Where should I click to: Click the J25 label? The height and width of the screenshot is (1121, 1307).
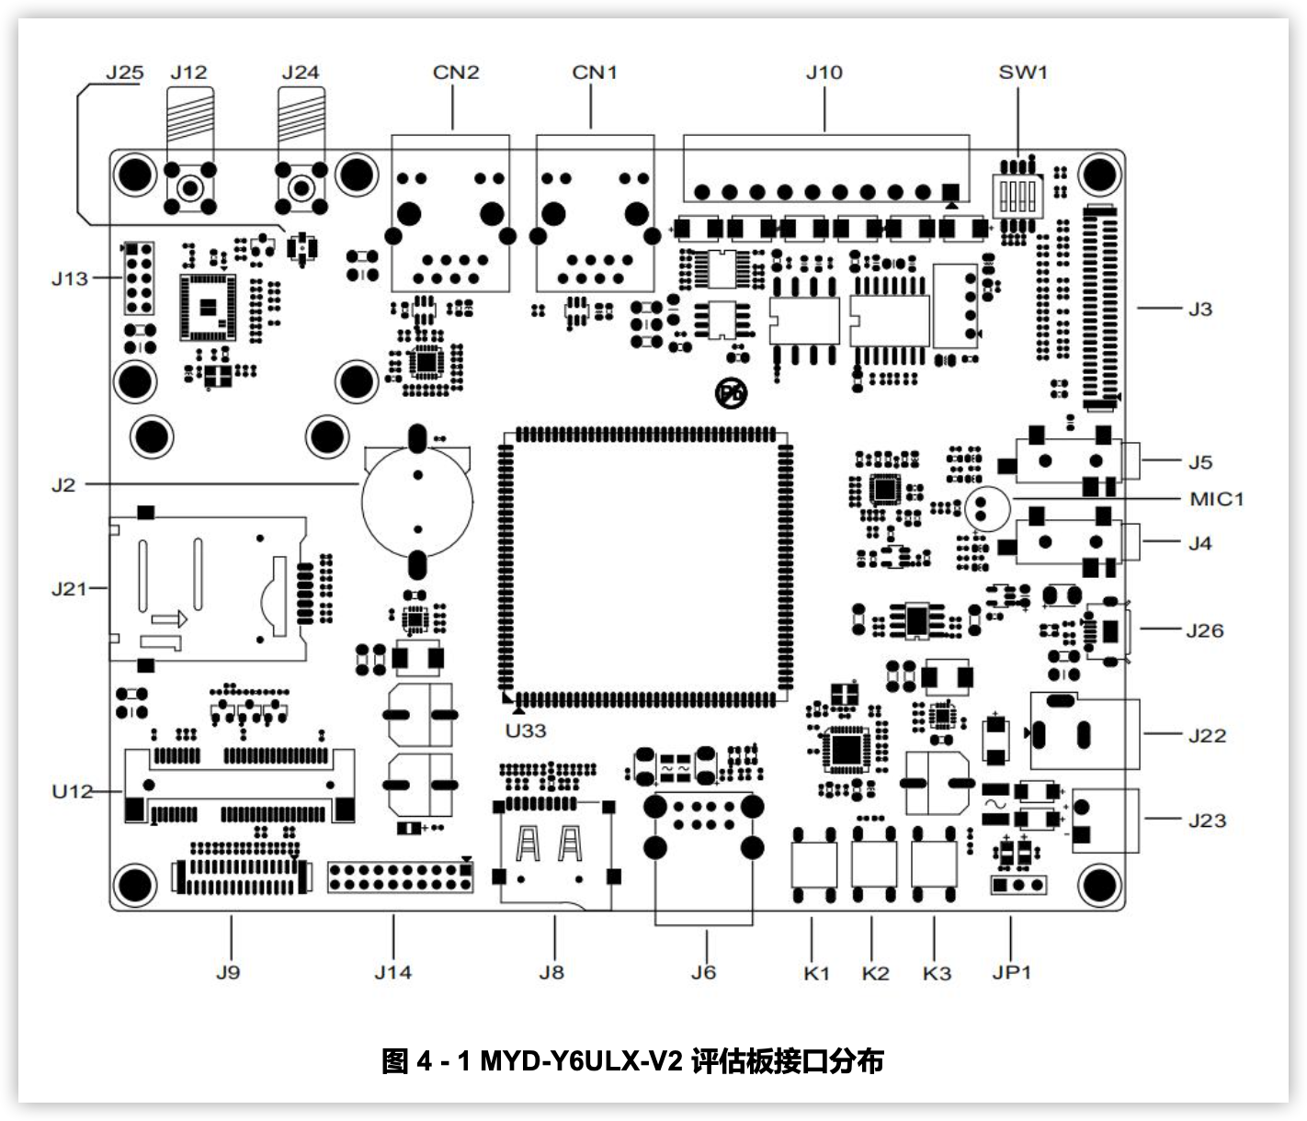click(x=124, y=73)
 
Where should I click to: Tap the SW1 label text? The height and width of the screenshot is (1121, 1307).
click(x=1023, y=73)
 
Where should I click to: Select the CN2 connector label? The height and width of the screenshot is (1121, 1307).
click(x=456, y=73)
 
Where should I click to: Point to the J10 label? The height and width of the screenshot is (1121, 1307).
click(x=824, y=73)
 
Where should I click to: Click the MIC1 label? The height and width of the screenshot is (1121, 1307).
click(x=1216, y=499)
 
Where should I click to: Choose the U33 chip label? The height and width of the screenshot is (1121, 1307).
click(x=526, y=730)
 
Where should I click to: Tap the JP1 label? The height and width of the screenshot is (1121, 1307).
click(x=1011, y=972)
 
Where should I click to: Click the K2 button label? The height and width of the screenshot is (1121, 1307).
click(x=875, y=973)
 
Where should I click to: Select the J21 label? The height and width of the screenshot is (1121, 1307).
click(x=69, y=589)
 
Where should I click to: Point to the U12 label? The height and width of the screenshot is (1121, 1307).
click(x=73, y=791)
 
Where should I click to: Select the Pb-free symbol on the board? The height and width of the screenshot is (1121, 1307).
click(x=732, y=394)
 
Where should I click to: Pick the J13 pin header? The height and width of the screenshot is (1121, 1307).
click(x=139, y=277)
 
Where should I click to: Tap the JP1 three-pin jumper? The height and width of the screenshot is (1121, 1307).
click(x=1018, y=885)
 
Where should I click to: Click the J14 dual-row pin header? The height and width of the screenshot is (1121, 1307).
click(x=400, y=877)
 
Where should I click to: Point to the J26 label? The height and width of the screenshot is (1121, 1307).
click(x=1204, y=630)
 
